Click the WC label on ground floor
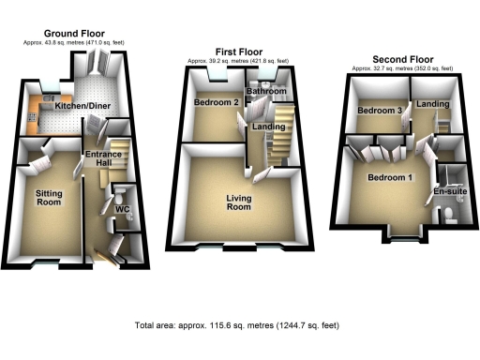point(122,209)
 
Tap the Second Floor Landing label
point(432,103)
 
